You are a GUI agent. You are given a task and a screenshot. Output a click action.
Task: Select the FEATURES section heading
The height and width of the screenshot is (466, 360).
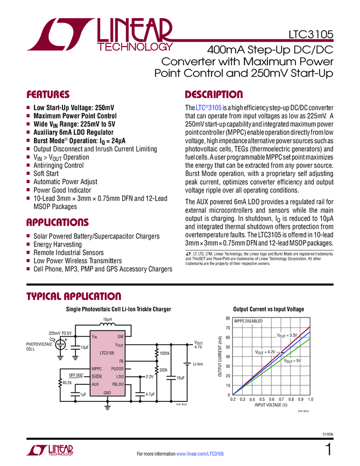[x=48, y=94]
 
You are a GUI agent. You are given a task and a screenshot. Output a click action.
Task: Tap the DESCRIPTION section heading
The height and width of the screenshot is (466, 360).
[x=214, y=94]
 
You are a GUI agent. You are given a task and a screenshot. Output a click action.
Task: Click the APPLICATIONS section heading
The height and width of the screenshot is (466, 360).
[x=58, y=223]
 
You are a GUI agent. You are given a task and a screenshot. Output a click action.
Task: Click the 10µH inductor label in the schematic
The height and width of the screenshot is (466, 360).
[x=107, y=319]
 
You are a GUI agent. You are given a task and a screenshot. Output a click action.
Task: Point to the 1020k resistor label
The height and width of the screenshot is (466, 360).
[x=164, y=354]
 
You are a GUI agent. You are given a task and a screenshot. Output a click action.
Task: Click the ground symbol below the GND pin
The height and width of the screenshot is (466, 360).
[x=107, y=406]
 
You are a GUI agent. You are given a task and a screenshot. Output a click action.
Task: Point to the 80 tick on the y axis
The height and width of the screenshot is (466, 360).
[x=228, y=318]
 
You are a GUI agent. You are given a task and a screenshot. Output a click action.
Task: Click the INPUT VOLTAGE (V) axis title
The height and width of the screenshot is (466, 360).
[x=271, y=405]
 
